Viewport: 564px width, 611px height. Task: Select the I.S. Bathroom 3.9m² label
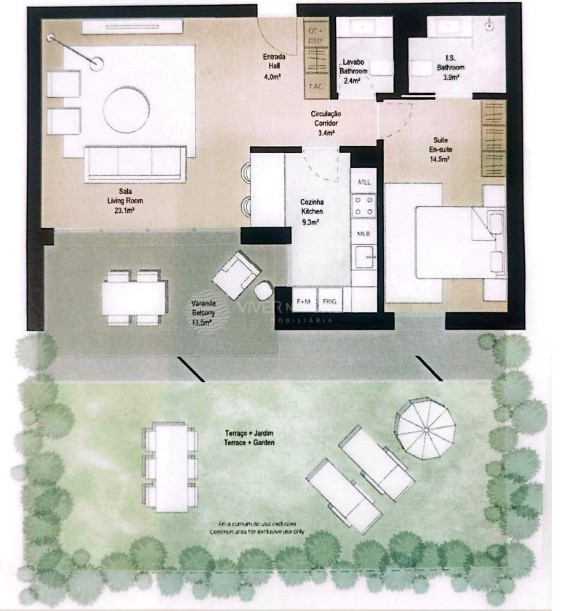coord(450,68)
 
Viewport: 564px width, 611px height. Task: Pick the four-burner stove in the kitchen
coord(364,206)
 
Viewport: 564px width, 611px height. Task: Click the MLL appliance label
coord(364,182)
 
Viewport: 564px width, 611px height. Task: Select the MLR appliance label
coord(364,233)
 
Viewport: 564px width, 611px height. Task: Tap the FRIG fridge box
coord(330,301)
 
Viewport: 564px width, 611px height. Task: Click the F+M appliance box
coord(304,301)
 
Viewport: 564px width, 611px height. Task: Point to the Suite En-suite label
coord(440,150)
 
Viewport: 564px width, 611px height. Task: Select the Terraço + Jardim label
coord(249,437)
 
